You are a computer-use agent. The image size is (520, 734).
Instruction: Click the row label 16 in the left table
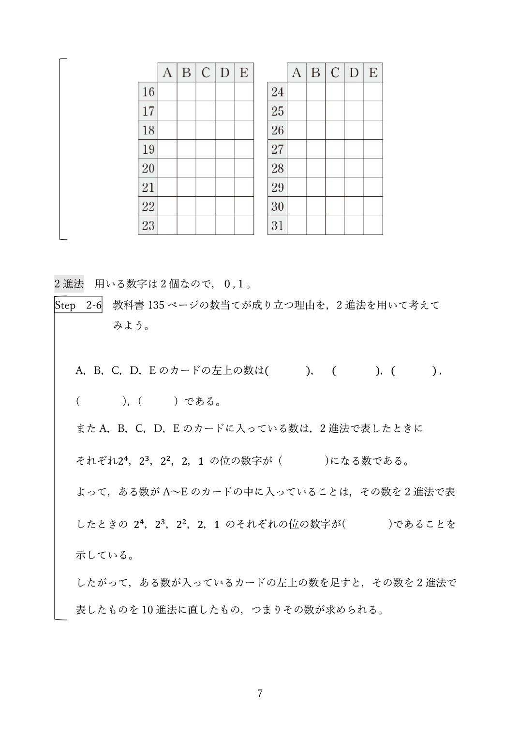tap(148, 92)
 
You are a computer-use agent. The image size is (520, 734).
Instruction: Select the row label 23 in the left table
tap(148, 225)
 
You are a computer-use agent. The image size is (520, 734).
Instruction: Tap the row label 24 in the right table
tap(277, 92)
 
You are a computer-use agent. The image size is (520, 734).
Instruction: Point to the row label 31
tap(277, 225)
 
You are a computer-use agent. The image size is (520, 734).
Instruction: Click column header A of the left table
tap(167, 73)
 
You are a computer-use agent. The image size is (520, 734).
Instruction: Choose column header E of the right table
tap(373, 73)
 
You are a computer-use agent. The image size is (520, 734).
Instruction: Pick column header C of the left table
tap(206, 73)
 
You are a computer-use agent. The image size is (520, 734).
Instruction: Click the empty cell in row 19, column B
tap(186, 149)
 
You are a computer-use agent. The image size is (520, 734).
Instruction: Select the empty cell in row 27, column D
tap(354, 149)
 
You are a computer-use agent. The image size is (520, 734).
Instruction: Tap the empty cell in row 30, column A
tap(297, 206)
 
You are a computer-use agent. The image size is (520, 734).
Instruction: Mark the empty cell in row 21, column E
tap(244, 188)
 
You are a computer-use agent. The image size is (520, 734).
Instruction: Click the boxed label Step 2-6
tap(78, 305)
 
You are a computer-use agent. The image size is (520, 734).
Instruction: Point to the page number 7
tap(260, 693)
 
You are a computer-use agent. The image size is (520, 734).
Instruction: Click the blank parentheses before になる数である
tap(304, 461)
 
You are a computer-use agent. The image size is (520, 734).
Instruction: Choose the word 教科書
tap(127, 305)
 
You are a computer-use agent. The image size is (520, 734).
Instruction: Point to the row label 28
tap(277, 168)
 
